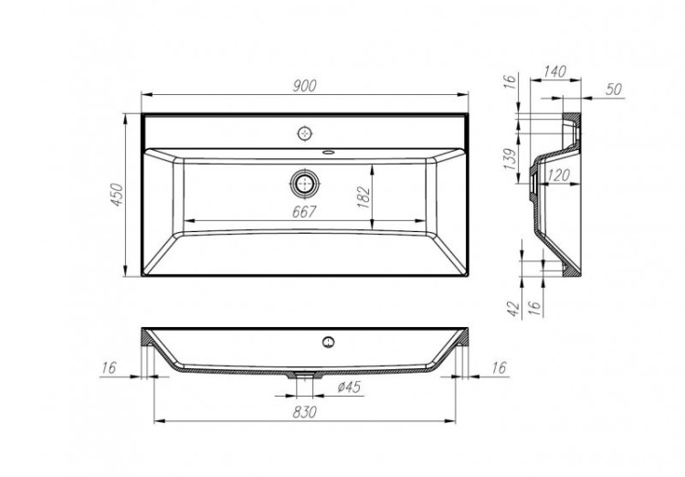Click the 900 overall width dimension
pos(304,86)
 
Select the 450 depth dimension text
pos(117,195)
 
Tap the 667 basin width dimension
pos(304,212)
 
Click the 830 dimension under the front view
pos(304,412)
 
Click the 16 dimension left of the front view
pos(110,367)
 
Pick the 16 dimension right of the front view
pos(498,367)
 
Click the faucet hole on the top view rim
pos(305,132)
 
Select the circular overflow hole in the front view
pos(326,344)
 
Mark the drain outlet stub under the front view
pos(305,374)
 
